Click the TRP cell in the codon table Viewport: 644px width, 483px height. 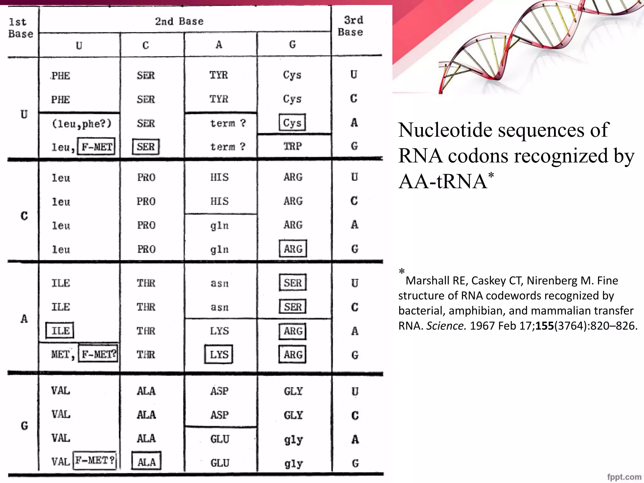pyautogui.click(x=292, y=146)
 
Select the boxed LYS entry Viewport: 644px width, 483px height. pyautogui.click(x=219, y=354)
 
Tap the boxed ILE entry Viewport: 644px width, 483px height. pyautogui.click(x=60, y=330)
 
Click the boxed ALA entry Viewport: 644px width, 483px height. pyautogui.click(x=147, y=461)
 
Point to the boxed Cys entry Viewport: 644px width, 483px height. pyautogui.click(x=292, y=123)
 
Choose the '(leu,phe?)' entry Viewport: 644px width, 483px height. pyautogui.click(x=81, y=123)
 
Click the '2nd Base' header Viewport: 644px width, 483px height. pyautogui.click(x=179, y=21)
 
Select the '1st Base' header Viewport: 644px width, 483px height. pyautogui.click(x=20, y=28)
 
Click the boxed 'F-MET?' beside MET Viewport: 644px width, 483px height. pyautogui.click(x=98, y=354)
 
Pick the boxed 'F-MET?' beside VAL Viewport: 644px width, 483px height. pyautogui.click(x=95, y=460)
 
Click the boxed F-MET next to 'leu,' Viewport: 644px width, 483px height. pyautogui.click(x=97, y=147)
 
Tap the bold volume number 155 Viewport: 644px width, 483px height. pyautogui.click(x=545, y=326)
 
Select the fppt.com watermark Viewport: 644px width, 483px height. pyautogui.click(x=624, y=477)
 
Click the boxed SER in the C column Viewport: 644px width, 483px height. pyautogui.click(x=146, y=147)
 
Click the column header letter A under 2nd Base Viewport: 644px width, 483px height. pyautogui.click(x=219, y=45)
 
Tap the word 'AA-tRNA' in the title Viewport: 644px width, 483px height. pyautogui.click(x=443, y=181)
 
